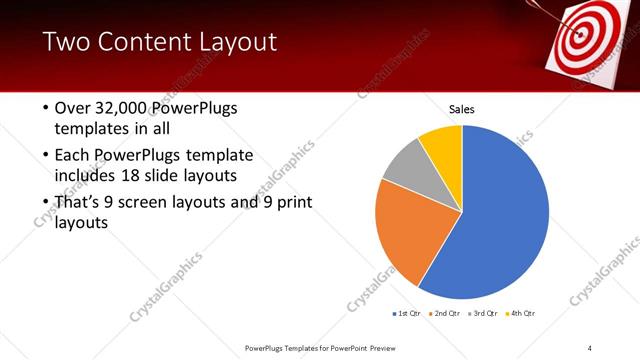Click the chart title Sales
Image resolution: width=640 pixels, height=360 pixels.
coord(461,109)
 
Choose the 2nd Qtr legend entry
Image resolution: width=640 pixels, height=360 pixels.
coord(445,314)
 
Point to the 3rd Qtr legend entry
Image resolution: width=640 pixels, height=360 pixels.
coord(484,314)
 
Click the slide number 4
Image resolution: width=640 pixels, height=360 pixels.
coord(590,347)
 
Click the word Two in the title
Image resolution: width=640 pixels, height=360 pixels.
coord(67,42)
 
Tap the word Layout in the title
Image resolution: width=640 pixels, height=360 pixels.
coord(241,42)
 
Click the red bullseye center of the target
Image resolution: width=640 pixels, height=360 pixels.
coord(579,33)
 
